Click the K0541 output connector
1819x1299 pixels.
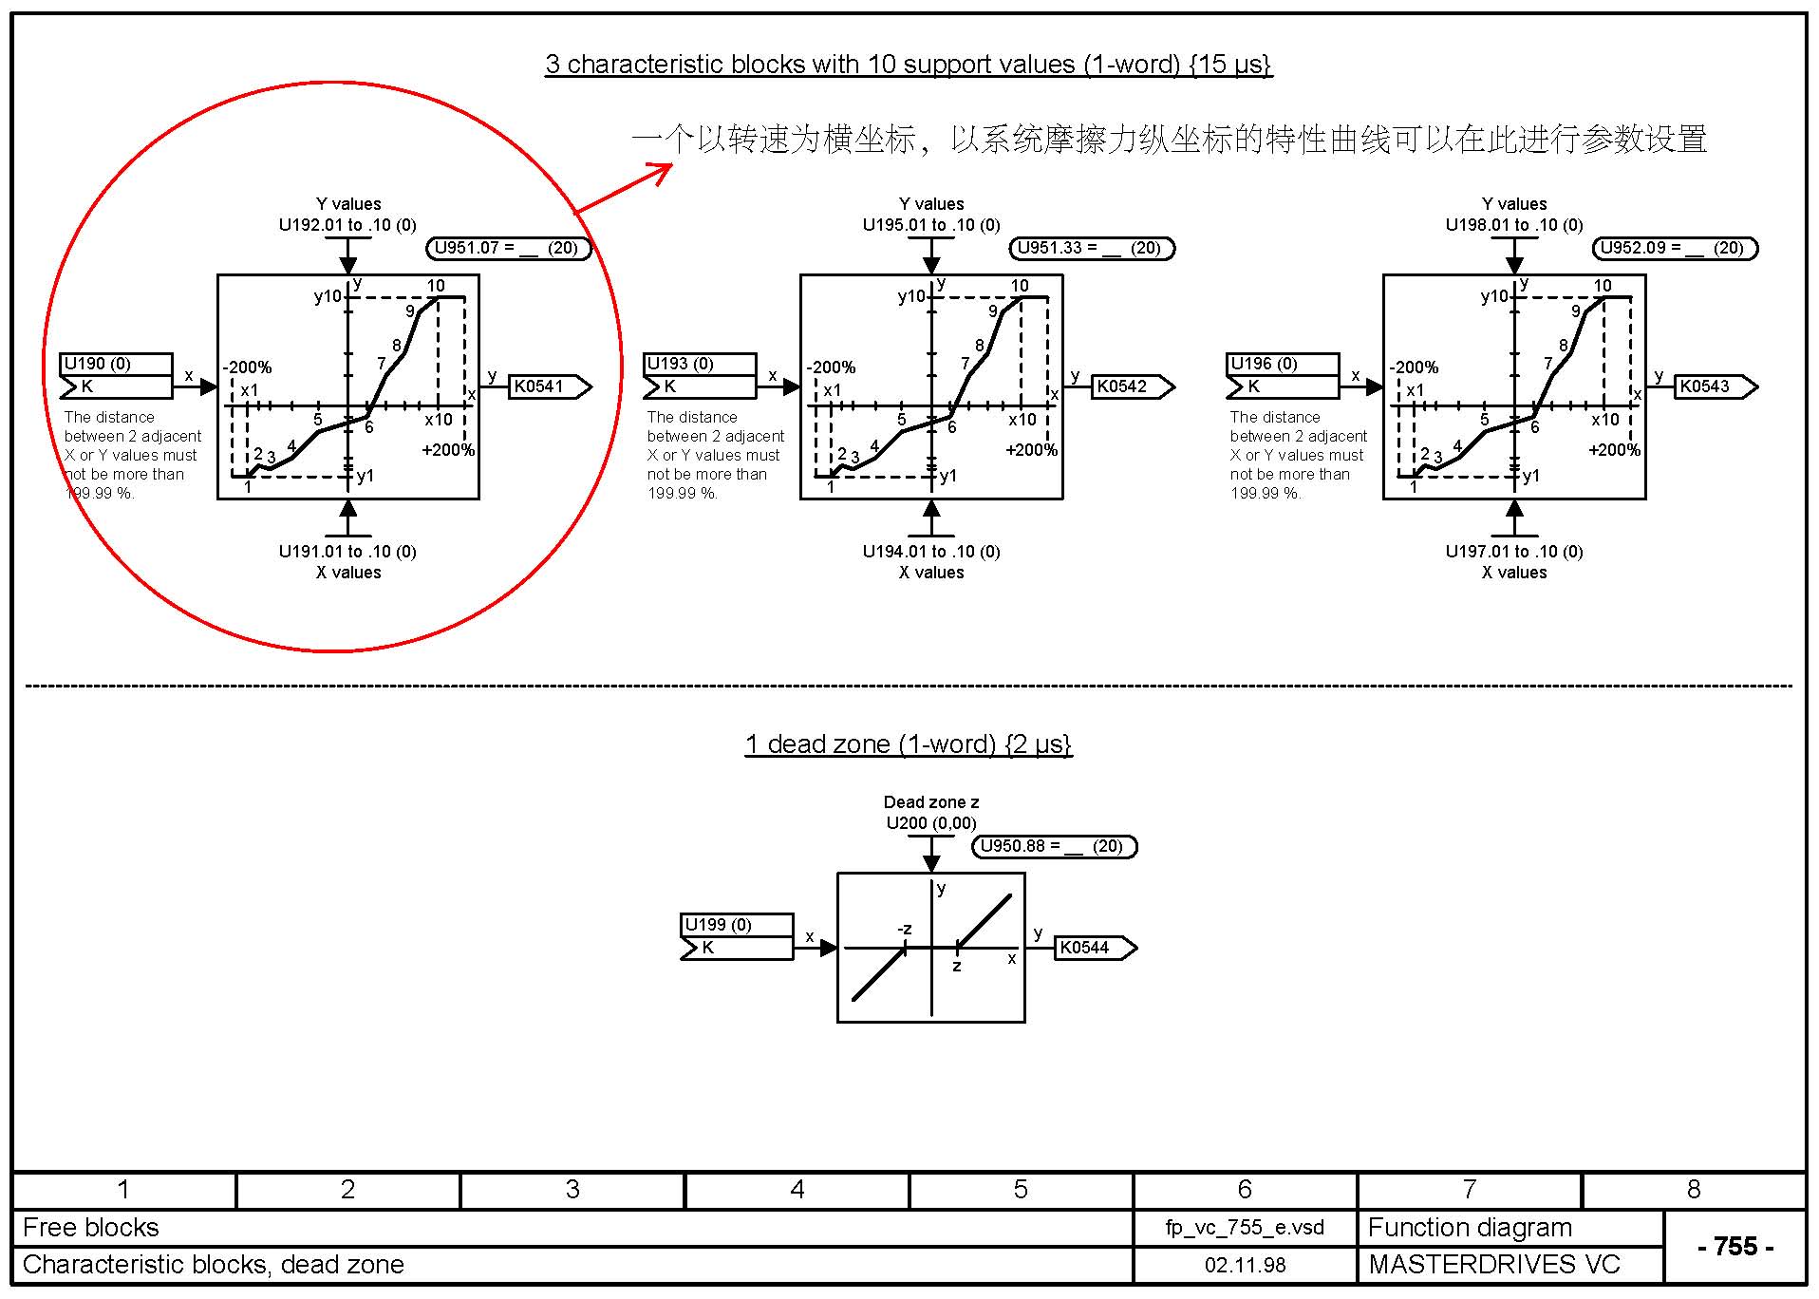pyautogui.click(x=550, y=386)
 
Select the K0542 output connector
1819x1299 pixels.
pyautogui.click(x=1133, y=386)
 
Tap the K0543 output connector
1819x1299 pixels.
pyautogui.click(x=1716, y=386)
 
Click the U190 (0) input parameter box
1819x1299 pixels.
pyautogui.click(x=116, y=376)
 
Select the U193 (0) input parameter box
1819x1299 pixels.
pyautogui.click(x=700, y=376)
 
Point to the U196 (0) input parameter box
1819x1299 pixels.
pyautogui.click(x=1283, y=376)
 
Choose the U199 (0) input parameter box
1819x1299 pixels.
pyautogui.click(x=737, y=937)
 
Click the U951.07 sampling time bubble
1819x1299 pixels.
pyautogui.click(x=509, y=249)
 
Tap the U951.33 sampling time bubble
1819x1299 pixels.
pyautogui.click(x=1092, y=249)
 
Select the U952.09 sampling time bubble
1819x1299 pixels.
pyautogui.click(x=1675, y=249)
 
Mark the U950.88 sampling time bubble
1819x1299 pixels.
pyautogui.click(x=1055, y=846)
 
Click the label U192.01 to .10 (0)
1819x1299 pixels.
pyautogui.click(x=347, y=225)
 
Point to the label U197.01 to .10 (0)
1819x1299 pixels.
pyautogui.click(x=1514, y=552)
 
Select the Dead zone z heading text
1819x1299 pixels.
pyautogui.click(x=931, y=802)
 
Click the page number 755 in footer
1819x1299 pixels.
pyautogui.click(x=1735, y=1246)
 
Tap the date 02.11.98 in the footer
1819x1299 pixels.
pyautogui.click(x=1246, y=1265)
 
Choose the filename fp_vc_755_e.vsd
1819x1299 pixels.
pyautogui.click(x=1246, y=1228)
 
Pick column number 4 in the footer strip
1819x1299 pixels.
pyautogui.click(x=797, y=1190)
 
